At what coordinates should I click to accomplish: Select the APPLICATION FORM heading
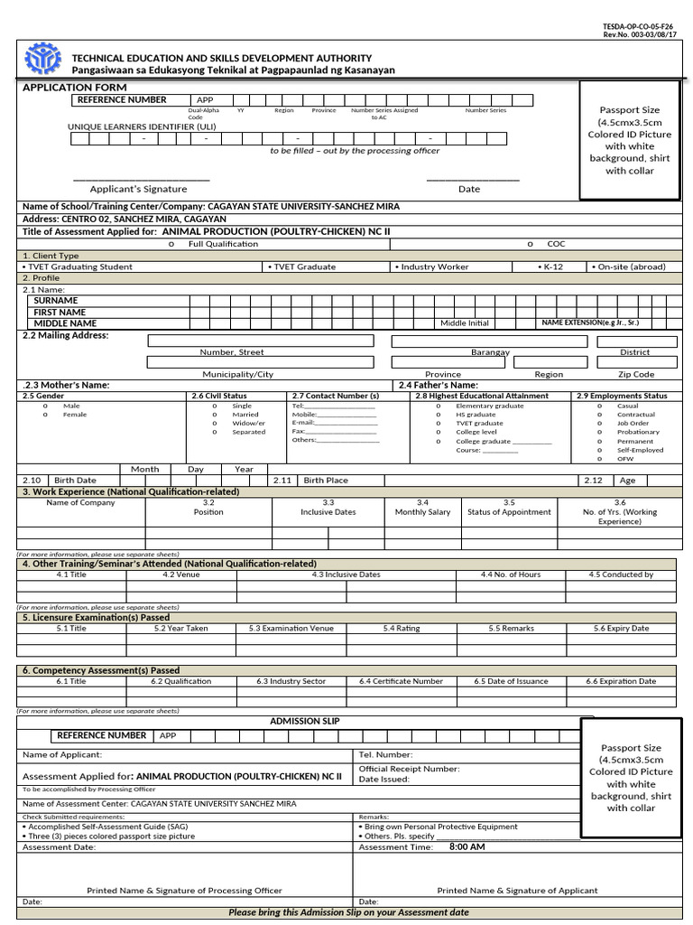click(x=61, y=88)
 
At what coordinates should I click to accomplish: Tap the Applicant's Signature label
click(x=138, y=189)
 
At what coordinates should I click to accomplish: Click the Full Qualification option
click(x=222, y=244)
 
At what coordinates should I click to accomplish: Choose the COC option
click(x=555, y=244)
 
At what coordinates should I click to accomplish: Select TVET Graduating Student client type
click(x=78, y=266)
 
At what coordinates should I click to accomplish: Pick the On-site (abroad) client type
click(x=628, y=266)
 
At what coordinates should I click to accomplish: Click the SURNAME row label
click(x=56, y=300)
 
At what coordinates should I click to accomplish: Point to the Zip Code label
click(x=636, y=374)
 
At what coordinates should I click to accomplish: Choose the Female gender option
click(x=75, y=415)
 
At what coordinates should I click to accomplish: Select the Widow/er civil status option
click(x=248, y=423)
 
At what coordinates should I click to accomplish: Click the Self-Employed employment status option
click(x=640, y=450)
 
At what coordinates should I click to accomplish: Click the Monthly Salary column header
click(x=422, y=512)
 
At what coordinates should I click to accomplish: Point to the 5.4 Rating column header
click(x=402, y=629)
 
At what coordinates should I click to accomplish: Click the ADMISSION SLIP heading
click(x=306, y=721)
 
